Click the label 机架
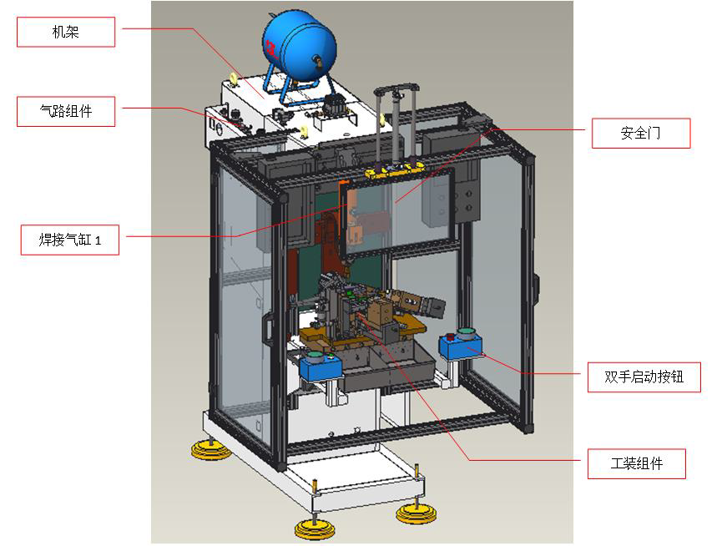[66, 33]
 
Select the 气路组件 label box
[66, 112]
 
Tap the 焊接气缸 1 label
[70, 240]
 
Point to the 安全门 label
[640, 134]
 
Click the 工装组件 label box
[636, 464]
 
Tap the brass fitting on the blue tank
[316, 60]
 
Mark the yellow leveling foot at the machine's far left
[210, 451]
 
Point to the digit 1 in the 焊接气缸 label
[98, 241]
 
